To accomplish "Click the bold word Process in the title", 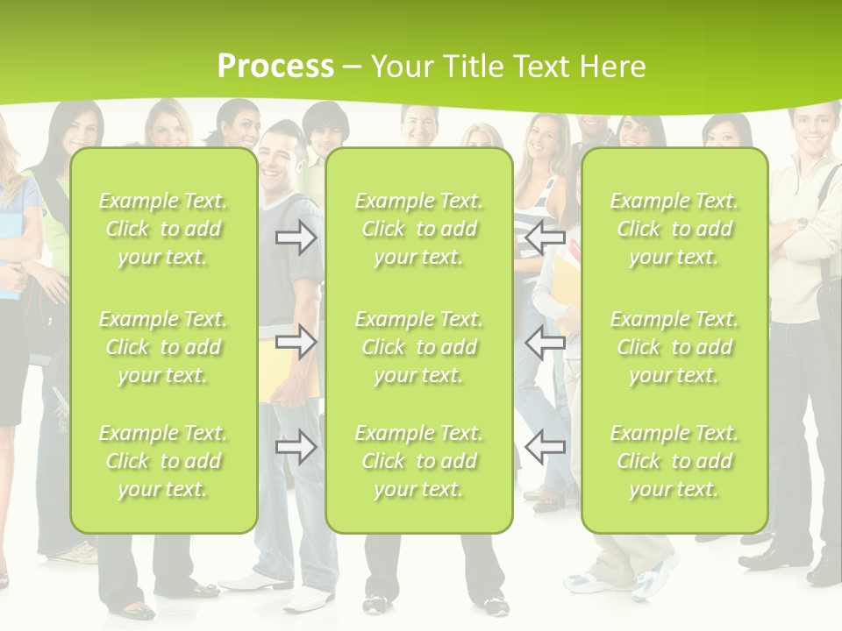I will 275,67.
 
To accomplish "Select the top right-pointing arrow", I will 296,237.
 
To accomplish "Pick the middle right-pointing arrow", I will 296,343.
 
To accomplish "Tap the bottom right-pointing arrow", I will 296,448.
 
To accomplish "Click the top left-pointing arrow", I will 545,237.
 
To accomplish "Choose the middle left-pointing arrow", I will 545,343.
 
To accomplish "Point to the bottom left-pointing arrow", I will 545,448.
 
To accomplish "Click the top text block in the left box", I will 163,229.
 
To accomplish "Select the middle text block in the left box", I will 163,347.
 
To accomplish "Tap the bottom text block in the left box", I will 163,461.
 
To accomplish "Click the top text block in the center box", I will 418,229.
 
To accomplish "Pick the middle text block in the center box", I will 418,347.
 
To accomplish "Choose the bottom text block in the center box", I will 418,461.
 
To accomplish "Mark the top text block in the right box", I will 674,229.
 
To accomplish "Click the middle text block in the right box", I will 674,347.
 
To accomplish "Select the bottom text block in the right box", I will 674,461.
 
